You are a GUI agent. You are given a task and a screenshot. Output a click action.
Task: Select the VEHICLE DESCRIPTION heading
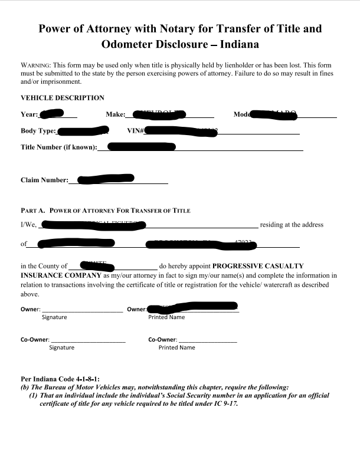(x=63, y=98)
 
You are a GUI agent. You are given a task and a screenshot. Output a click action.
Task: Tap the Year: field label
(x=30, y=114)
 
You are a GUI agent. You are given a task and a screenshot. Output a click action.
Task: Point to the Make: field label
(x=116, y=114)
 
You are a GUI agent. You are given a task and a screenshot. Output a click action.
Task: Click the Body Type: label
(x=38, y=131)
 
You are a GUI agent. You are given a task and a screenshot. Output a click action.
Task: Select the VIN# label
(x=135, y=131)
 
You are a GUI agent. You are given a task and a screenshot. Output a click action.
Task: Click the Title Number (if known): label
(x=58, y=147)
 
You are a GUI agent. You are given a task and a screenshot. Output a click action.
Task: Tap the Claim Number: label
(x=44, y=181)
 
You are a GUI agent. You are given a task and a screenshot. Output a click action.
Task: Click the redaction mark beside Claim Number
(x=106, y=178)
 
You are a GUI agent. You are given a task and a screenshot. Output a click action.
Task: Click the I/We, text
(x=29, y=225)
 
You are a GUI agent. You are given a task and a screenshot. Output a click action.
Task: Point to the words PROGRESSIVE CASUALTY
(x=258, y=266)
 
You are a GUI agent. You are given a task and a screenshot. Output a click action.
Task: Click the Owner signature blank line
(x=83, y=309)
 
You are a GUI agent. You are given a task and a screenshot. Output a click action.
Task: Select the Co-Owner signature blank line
(x=89, y=340)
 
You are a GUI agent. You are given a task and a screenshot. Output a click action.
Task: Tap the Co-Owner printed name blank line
(x=207, y=340)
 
